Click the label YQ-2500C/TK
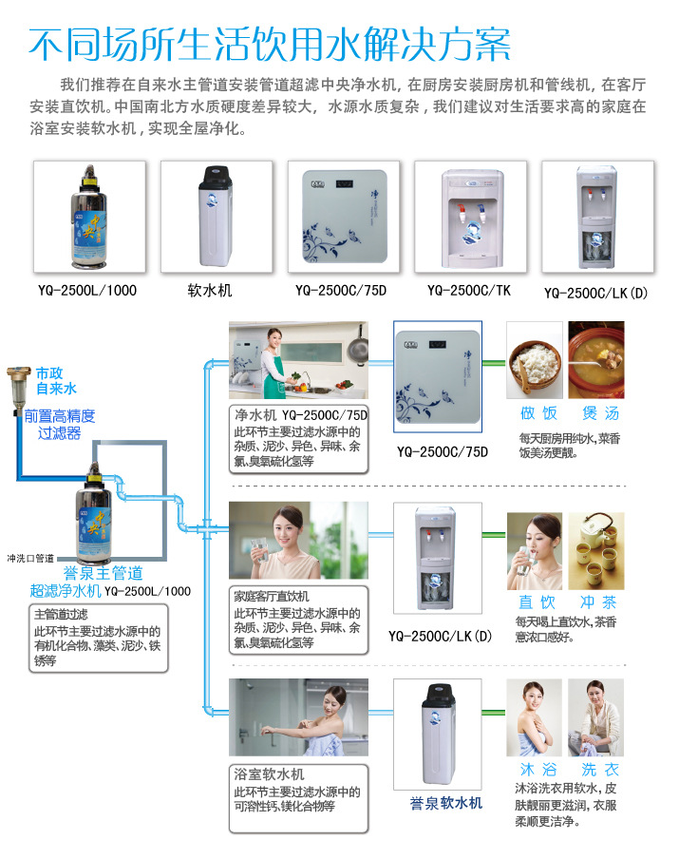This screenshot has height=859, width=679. (469, 291)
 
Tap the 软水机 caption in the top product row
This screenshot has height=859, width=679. (210, 291)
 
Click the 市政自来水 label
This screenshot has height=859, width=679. (56, 381)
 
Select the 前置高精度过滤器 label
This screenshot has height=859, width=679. (60, 425)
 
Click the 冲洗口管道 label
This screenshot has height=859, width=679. (30, 558)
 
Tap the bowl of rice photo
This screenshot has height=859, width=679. (535, 360)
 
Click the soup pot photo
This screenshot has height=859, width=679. (596, 360)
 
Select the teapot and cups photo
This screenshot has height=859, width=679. (596, 550)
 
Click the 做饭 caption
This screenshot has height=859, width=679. (538, 413)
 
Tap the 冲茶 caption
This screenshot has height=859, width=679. (598, 602)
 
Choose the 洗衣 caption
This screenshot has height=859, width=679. (600, 769)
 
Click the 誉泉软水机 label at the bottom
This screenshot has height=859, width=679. (446, 803)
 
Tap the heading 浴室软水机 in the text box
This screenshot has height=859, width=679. (269, 774)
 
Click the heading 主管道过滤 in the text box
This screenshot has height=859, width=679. (61, 614)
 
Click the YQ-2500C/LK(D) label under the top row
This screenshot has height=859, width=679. (595, 293)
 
